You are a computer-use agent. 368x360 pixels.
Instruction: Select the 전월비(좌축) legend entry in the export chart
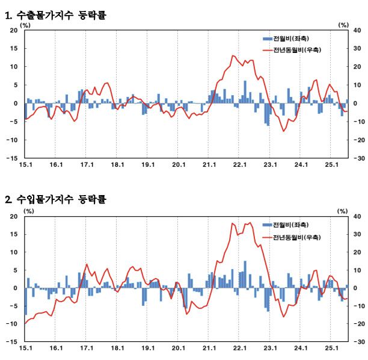point(285,39)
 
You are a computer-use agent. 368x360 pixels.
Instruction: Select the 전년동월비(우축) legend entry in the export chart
point(291,50)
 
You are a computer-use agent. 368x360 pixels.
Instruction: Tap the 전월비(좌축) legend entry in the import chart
point(285,225)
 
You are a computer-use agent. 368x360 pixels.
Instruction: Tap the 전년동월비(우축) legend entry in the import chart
point(291,237)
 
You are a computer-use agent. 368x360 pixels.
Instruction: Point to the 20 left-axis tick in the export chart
point(14,31)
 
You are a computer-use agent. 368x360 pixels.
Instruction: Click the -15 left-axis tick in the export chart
point(13,158)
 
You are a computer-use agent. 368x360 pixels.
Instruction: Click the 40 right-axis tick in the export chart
point(356,31)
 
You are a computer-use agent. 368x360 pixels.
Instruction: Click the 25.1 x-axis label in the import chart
point(332,349)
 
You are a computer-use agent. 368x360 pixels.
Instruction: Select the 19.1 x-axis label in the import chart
point(148,349)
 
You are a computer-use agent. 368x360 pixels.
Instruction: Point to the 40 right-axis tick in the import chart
point(356,216)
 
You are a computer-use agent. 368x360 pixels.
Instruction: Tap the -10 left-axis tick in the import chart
point(13,324)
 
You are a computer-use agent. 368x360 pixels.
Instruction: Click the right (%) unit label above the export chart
point(343,25)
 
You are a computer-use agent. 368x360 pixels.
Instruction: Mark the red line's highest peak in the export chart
point(232,55)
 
